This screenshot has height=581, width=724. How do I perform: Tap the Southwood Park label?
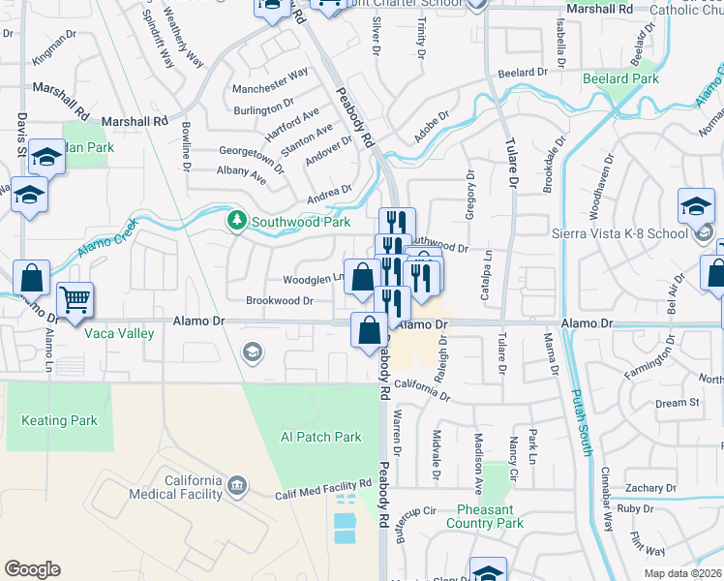tap(301, 222)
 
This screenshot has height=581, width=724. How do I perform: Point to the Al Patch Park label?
tap(320, 437)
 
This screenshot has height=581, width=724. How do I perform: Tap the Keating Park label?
tap(59, 421)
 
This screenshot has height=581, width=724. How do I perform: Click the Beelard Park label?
tap(620, 77)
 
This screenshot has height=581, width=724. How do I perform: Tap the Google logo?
tap(32, 569)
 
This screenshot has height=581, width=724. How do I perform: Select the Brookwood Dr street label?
tap(279, 301)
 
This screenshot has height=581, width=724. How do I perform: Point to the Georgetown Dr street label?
tap(252, 159)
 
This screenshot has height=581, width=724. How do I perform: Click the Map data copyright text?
tap(682, 573)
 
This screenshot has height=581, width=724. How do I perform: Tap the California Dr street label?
tap(422, 387)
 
